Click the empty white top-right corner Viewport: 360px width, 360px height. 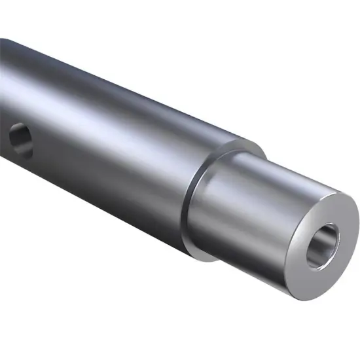pos(340,20)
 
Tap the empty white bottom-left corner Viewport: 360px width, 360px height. pos(20,340)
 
